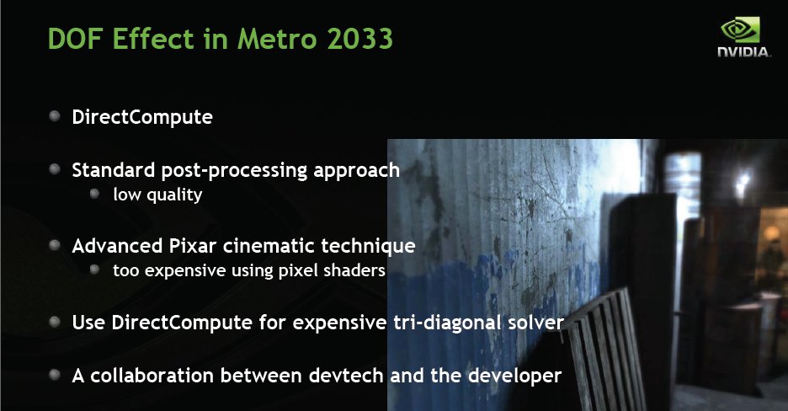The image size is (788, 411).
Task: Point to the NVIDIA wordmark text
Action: pos(743,51)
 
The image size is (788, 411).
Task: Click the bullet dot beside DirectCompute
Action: pos(55,116)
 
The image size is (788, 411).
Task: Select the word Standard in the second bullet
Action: pos(114,170)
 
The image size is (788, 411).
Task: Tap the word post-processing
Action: pos(234,171)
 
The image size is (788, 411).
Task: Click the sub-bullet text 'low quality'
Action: pos(157,195)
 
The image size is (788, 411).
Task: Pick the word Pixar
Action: pos(193,246)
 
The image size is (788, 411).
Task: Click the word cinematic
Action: pos(269,246)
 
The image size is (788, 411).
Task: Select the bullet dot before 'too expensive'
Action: pos(94,270)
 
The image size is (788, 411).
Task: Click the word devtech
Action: pos(346,376)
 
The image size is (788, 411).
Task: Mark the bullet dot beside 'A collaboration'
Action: pos(55,375)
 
